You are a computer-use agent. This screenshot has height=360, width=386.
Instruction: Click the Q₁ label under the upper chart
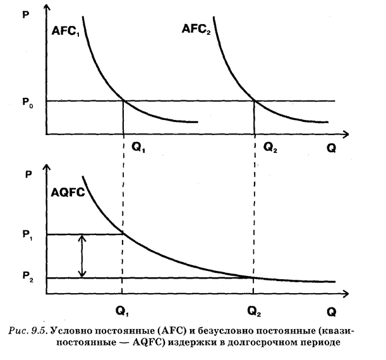coord(137,147)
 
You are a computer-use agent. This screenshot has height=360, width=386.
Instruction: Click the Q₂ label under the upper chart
coord(270,147)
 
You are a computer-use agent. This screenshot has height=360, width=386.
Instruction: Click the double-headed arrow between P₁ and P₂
coord(82,256)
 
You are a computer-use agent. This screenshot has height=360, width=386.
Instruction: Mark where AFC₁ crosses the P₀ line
coord(123,101)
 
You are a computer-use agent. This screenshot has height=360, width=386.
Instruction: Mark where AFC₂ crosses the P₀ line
coord(254,101)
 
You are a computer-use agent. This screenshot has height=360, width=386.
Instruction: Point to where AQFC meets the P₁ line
coord(122,234)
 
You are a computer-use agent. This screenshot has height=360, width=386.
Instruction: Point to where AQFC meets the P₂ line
coord(253,278)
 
